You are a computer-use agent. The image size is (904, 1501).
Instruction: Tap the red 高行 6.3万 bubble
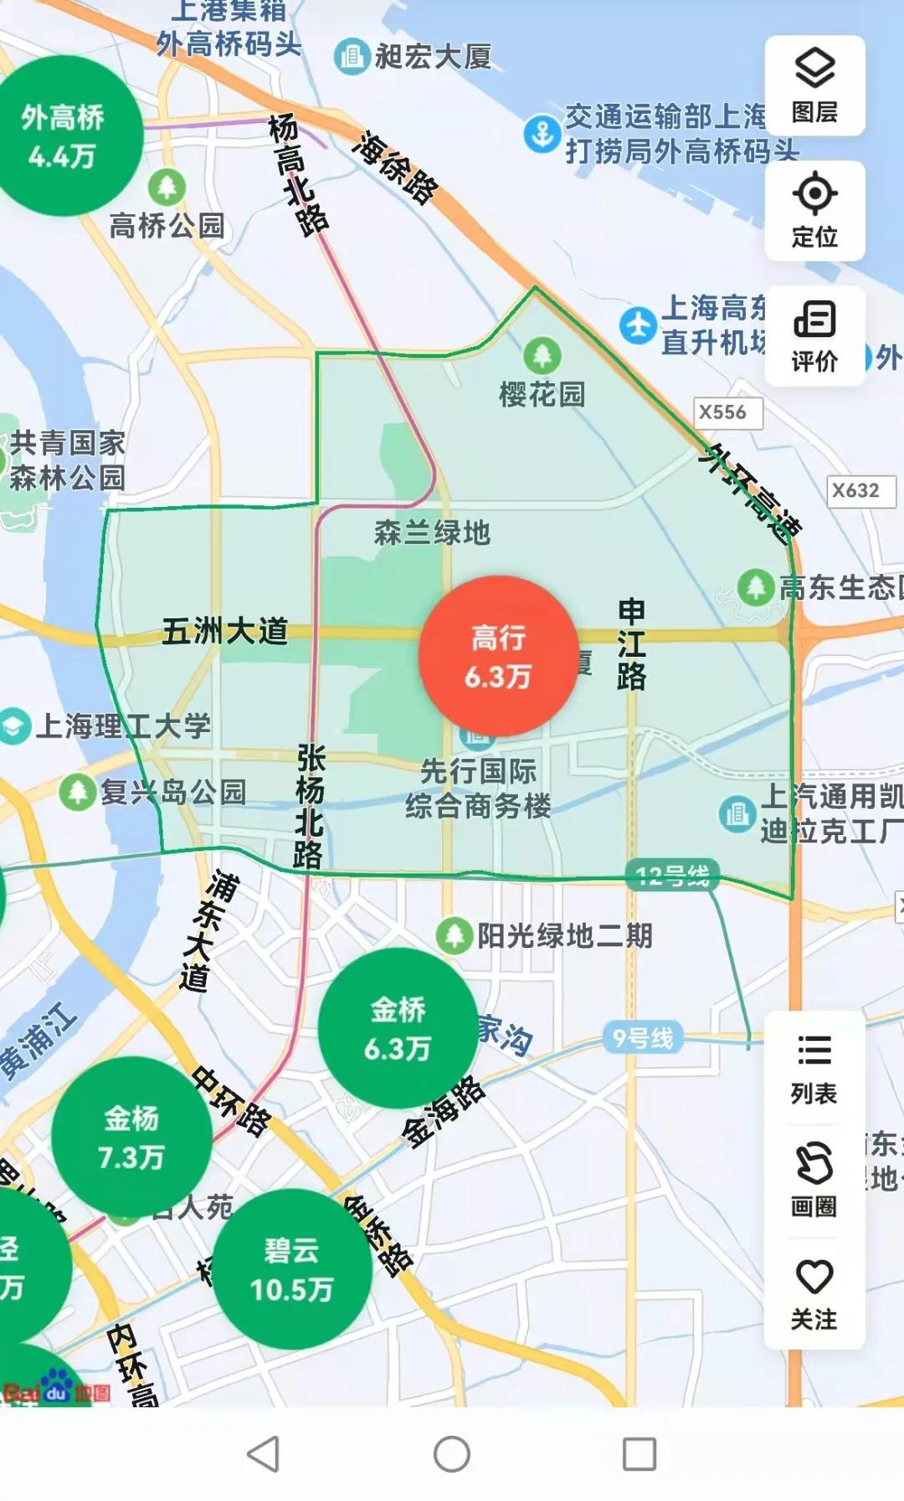coord(498,656)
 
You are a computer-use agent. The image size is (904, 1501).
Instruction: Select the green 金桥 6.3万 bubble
coord(398,1028)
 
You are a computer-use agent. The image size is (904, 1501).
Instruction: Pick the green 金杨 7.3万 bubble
coord(131,1137)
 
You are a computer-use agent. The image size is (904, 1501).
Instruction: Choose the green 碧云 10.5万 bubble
coord(291,1269)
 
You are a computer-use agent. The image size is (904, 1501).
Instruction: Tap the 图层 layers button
coord(814,86)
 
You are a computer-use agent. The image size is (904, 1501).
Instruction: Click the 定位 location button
coord(814,211)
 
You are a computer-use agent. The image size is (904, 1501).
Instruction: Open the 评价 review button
coord(814,336)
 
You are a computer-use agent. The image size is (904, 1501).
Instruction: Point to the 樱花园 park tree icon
coord(542,356)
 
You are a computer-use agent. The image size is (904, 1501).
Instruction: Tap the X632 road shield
coord(855,490)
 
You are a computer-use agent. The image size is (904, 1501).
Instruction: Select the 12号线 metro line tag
coord(673,876)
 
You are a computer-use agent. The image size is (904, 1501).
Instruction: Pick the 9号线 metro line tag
coord(643,1038)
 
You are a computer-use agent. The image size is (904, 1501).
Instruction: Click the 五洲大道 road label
coord(224,632)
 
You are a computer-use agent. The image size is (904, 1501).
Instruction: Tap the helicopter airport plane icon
coord(638,325)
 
